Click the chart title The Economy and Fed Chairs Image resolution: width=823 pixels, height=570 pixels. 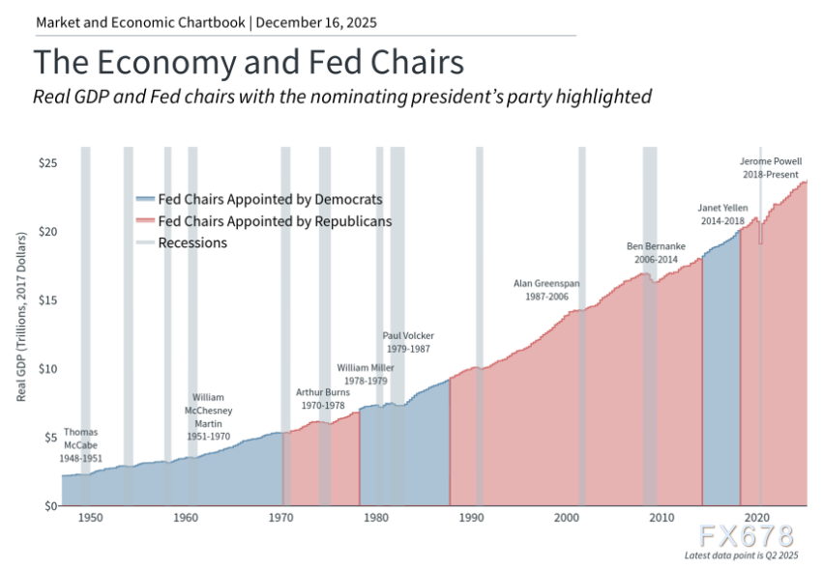tap(249, 63)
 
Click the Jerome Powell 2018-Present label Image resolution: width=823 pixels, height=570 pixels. tap(770, 169)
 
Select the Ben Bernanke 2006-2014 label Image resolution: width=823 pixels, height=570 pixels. tap(657, 254)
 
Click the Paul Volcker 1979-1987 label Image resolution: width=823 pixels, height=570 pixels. tap(407, 342)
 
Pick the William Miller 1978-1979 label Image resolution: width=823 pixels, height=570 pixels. tap(367, 375)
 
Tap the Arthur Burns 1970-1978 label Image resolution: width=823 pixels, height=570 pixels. tap(323, 399)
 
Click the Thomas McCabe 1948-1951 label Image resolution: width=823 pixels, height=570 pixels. tap(81, 444)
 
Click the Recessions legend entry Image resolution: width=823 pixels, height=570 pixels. tap(192, 243)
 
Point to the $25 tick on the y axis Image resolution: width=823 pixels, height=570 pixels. tap(45, 163)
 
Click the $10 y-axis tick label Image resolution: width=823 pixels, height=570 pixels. tap(45, 369)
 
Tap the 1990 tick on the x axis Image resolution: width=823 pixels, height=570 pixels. tap(471, 519)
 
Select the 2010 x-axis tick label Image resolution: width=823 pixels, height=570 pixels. tap(662, 519)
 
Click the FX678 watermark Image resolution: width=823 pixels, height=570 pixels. tap(750, 534)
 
